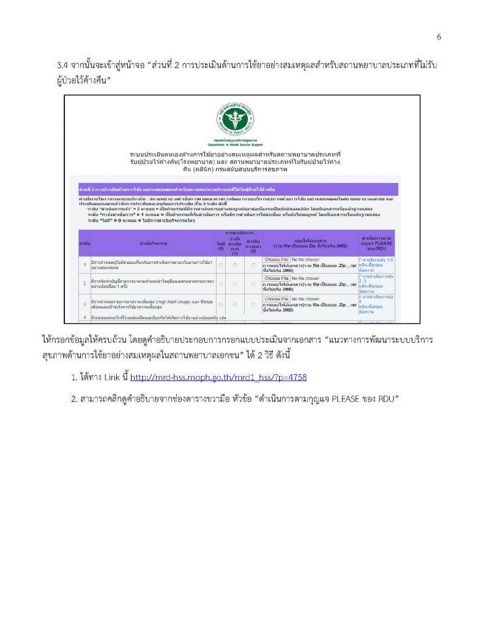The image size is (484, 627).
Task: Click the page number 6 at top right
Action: (439, 37)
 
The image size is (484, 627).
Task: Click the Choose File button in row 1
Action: (277, 260)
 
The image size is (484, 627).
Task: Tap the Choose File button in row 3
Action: (277, 298)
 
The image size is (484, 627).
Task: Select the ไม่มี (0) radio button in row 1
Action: (221, 265)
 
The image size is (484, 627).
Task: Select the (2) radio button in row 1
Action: (253, 265)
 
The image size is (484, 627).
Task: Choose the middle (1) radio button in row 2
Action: (235, 283)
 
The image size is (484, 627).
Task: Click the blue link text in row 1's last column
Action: (378, 265)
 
